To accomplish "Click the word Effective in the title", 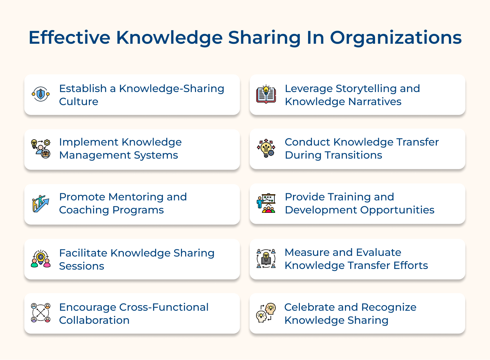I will [69, 38].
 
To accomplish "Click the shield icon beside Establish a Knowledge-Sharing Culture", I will [41, 94].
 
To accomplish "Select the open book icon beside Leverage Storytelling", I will [266, 94].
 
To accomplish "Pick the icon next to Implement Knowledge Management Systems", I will [41, 149].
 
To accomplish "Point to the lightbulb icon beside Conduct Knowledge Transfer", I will [266, 149].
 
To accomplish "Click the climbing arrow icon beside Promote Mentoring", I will [41, 204].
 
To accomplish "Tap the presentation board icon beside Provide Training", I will [266, 203].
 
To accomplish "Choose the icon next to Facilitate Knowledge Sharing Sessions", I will [41, 259].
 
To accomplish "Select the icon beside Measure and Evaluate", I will [266, 258].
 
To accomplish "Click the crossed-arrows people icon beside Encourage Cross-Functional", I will [41, 313].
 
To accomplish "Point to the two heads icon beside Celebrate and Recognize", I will [266, 313].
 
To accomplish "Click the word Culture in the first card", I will [79, 102].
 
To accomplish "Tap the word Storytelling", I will [365, 89].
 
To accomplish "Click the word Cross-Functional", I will [164, 307].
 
